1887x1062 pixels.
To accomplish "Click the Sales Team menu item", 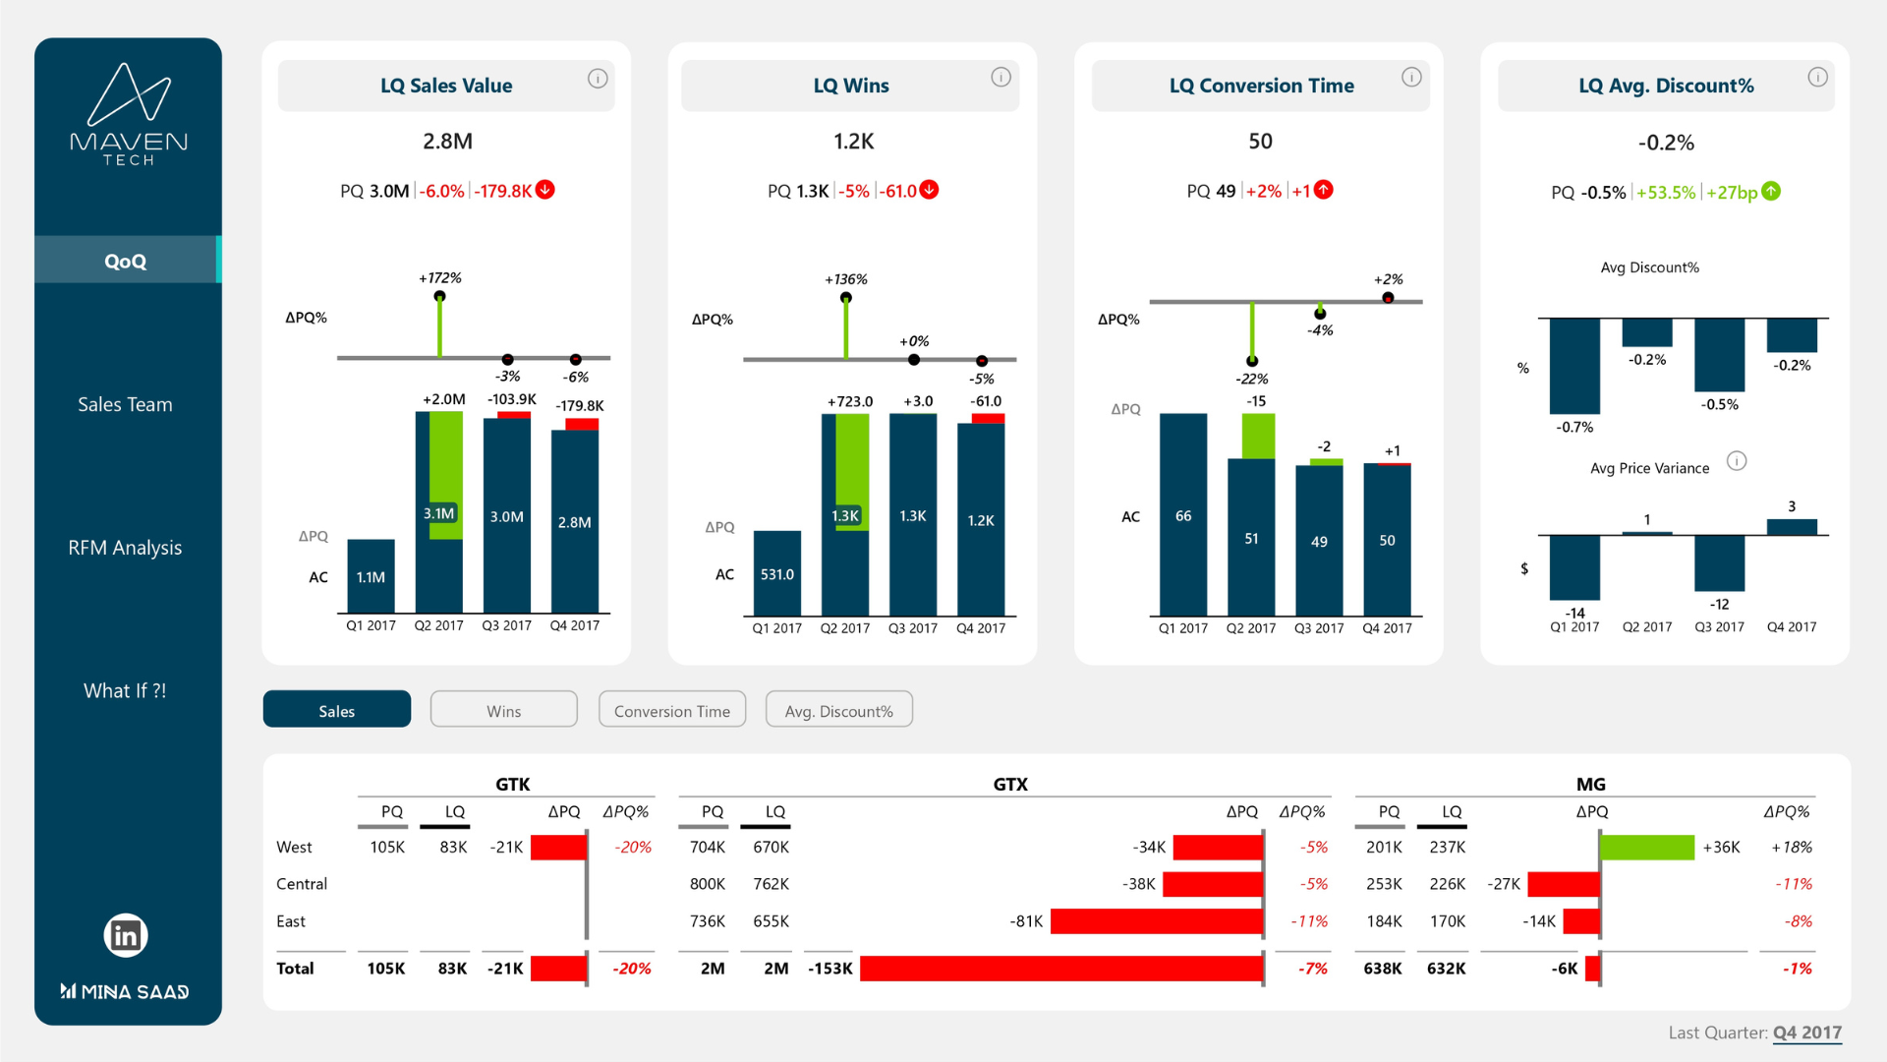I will pos(125,404).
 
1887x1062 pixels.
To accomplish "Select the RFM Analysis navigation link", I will pos(125,548).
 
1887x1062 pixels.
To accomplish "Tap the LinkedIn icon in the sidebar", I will pos(126,935).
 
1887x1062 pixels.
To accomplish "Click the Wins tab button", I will pos(503,710).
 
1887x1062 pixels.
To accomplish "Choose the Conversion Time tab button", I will pos(672,710).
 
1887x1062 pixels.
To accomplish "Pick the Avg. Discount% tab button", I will pos(838,710).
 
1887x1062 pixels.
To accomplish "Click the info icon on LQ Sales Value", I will pos(598,79).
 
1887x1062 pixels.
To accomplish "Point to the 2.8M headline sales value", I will pos(447,142).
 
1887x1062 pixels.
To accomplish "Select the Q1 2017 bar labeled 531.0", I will pos(776,573).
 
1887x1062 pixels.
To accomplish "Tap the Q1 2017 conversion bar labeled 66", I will pos(1183,515).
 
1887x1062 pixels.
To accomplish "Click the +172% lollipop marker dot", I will pos(439,296).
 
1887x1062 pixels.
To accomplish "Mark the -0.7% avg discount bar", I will pos(1574,365).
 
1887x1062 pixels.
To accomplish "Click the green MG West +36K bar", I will pos(1647,847).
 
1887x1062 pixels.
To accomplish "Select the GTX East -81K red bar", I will pos(1157,921).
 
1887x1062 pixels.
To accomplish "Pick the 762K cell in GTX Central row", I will pos(771,884).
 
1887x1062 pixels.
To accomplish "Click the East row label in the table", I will pos(291,921).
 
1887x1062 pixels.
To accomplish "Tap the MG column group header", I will pos(1590,784).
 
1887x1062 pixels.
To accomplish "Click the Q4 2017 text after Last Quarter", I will pos(1806,1032).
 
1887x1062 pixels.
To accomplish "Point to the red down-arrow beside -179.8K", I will pos(545,190).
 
